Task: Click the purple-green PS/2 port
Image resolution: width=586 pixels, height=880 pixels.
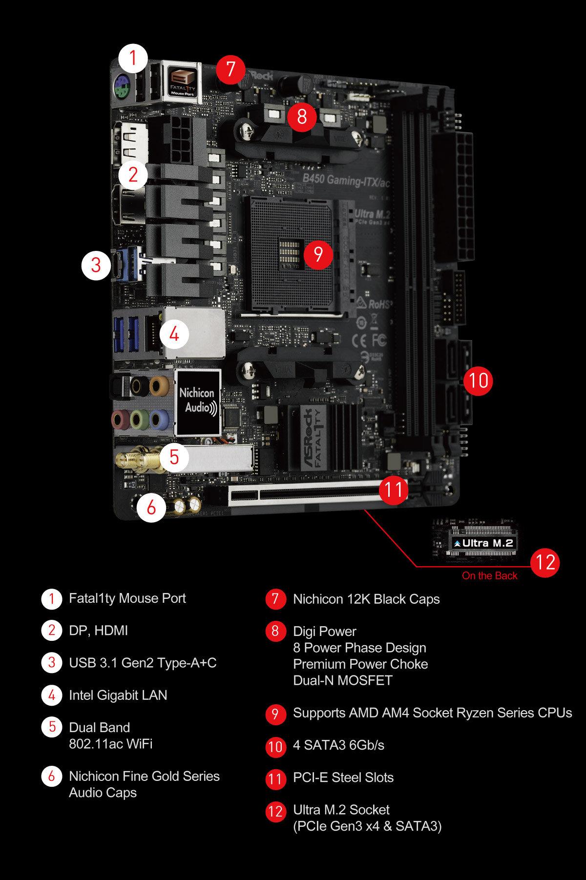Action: click(x=121, y=88)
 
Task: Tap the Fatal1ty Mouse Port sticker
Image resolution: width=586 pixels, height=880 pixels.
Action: click(x=183, y=82)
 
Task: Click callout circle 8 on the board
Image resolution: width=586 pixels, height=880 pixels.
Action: click(x=302, y=117)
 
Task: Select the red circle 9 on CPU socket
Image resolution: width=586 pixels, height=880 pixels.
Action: click(x=318, y=254)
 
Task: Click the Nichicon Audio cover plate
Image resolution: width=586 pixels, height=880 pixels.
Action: click(x=198, y=402)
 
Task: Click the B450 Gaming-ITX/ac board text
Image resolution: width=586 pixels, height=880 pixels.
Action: click(x=346, y=181)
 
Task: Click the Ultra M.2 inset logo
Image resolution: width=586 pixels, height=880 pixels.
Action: click(x=483, y=543)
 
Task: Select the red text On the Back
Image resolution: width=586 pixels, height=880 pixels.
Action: click(x=489, y=576)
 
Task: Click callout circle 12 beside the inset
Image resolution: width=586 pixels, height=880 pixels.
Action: click(x=545, y=563)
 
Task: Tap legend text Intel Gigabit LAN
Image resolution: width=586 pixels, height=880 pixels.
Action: click(x=118, y=695)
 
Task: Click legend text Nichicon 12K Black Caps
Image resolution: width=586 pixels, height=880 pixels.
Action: click(x=366, y=599)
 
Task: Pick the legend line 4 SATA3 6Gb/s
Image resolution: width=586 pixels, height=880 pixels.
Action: click(x=338, y=745)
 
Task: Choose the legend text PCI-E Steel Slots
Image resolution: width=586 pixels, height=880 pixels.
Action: click(x=343, y=778)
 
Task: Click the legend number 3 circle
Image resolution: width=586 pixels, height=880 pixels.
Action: click(x=52, y=663)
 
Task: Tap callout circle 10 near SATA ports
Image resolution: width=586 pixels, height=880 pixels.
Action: click(x=478, y=381)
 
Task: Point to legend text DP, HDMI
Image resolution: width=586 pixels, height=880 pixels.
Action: click(x=98, y=631)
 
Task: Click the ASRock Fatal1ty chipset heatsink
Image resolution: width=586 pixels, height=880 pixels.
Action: click(x=325, y=437)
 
